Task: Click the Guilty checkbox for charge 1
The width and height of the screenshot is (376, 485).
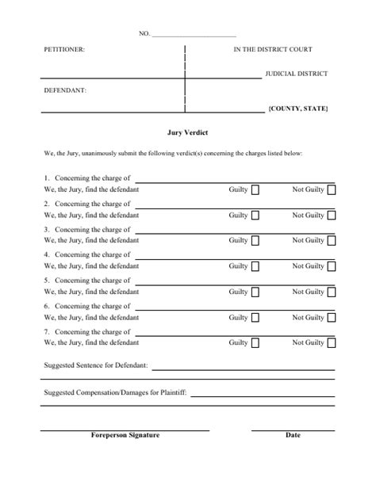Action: pos(255,190)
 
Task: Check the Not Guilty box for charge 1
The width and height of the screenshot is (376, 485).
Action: pos(331,190)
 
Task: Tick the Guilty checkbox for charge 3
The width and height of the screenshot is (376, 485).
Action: pos(255,241)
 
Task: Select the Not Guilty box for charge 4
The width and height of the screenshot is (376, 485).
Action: pos(331,266)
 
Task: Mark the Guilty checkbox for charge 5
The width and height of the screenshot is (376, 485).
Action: pos(255,292)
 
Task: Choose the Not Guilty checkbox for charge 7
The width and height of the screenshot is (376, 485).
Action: pos(331,343)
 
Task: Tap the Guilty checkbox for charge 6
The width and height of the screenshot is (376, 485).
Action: pos(255,318)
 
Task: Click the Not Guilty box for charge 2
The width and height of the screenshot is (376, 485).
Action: pos(331,216)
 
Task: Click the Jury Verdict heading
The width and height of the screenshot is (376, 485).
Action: pos(187,133)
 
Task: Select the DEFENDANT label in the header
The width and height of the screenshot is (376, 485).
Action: pos(65,90)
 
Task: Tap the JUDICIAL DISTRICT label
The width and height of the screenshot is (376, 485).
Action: pos(296,74)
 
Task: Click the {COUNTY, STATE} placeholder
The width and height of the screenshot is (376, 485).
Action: pos(297,108)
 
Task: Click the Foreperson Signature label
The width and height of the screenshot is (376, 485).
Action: pos(125,435)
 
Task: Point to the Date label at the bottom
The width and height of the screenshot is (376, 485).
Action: pos(293,435)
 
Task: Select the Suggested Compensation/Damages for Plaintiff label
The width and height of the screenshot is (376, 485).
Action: pos(115,392)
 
